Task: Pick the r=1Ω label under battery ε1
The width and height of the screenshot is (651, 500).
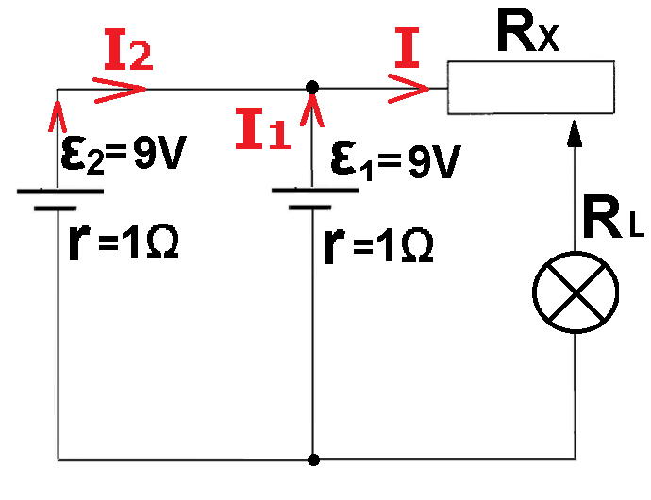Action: click(377, 244)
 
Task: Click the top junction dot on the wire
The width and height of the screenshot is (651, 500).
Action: click(312, 87)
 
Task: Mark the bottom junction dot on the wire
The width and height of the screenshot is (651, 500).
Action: click(312, 460)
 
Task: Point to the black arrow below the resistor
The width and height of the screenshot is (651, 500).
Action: click(576, 142)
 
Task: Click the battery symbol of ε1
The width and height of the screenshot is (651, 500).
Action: click(312, 197)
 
